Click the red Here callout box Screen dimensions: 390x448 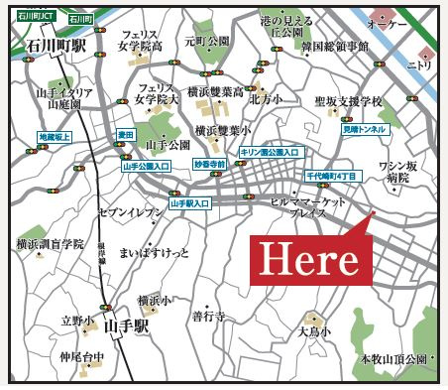[308, 259]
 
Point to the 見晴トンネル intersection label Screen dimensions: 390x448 [364, 130]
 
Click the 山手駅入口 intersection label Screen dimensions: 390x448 [191, 202]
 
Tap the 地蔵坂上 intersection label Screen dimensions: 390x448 [56, 135]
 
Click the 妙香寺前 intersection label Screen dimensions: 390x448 [210, 164]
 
